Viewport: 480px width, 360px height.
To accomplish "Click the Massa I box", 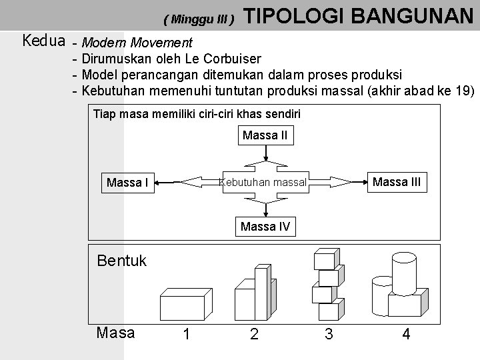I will point(127,182).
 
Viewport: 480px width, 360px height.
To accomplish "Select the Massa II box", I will point(265,136).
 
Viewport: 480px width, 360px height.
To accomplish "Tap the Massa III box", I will point(396,181).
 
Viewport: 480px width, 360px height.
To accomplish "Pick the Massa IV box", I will point(265,227).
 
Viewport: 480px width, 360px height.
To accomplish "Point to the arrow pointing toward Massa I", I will point(193,181).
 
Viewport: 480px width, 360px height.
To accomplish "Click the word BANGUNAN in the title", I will point(411,15).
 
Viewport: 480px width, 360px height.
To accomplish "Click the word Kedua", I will point(43,41).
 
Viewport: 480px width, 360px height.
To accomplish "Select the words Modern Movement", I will point(137,43).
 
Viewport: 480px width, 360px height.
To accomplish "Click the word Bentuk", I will point(122,260).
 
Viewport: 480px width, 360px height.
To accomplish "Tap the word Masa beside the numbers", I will point(116,332).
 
